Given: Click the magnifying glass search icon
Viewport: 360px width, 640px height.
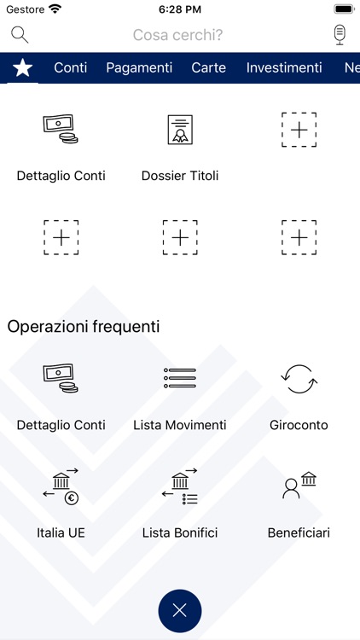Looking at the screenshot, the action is tap(20, 35).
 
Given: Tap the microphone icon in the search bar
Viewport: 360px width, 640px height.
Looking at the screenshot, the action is tap(340, 35).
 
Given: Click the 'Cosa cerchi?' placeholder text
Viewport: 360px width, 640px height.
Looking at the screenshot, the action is tap(178, 35).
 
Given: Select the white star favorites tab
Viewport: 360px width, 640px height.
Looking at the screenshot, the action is tap(23, 67).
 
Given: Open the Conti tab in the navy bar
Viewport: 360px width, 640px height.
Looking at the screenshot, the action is tap(71, 67).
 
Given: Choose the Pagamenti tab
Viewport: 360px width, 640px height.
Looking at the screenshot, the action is tap(139, 67).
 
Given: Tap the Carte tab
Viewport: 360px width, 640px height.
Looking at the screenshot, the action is tap(208, 67).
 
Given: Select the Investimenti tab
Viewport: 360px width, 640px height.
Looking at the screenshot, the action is tap(284, 67).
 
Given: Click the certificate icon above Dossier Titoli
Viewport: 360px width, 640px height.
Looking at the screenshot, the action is tap(180, 130).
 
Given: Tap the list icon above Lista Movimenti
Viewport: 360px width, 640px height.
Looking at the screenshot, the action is tap(180, 378).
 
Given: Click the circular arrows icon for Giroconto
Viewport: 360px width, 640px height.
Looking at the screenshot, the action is tap(299, 379).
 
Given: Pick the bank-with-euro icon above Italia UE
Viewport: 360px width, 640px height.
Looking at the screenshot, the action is tap(61, 486).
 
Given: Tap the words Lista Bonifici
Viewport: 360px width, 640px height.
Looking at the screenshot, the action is tap(180, 532).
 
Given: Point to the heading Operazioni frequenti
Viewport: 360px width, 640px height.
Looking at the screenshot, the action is tap(84, 327).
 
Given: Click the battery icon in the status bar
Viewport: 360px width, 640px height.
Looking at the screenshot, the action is tap(345, 9).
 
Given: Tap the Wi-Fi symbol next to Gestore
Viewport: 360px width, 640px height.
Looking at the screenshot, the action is tap(55, 9).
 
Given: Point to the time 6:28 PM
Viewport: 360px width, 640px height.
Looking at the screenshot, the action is tap(180, 9).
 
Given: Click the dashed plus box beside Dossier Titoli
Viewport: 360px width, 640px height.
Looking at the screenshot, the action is tap(299, 130).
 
